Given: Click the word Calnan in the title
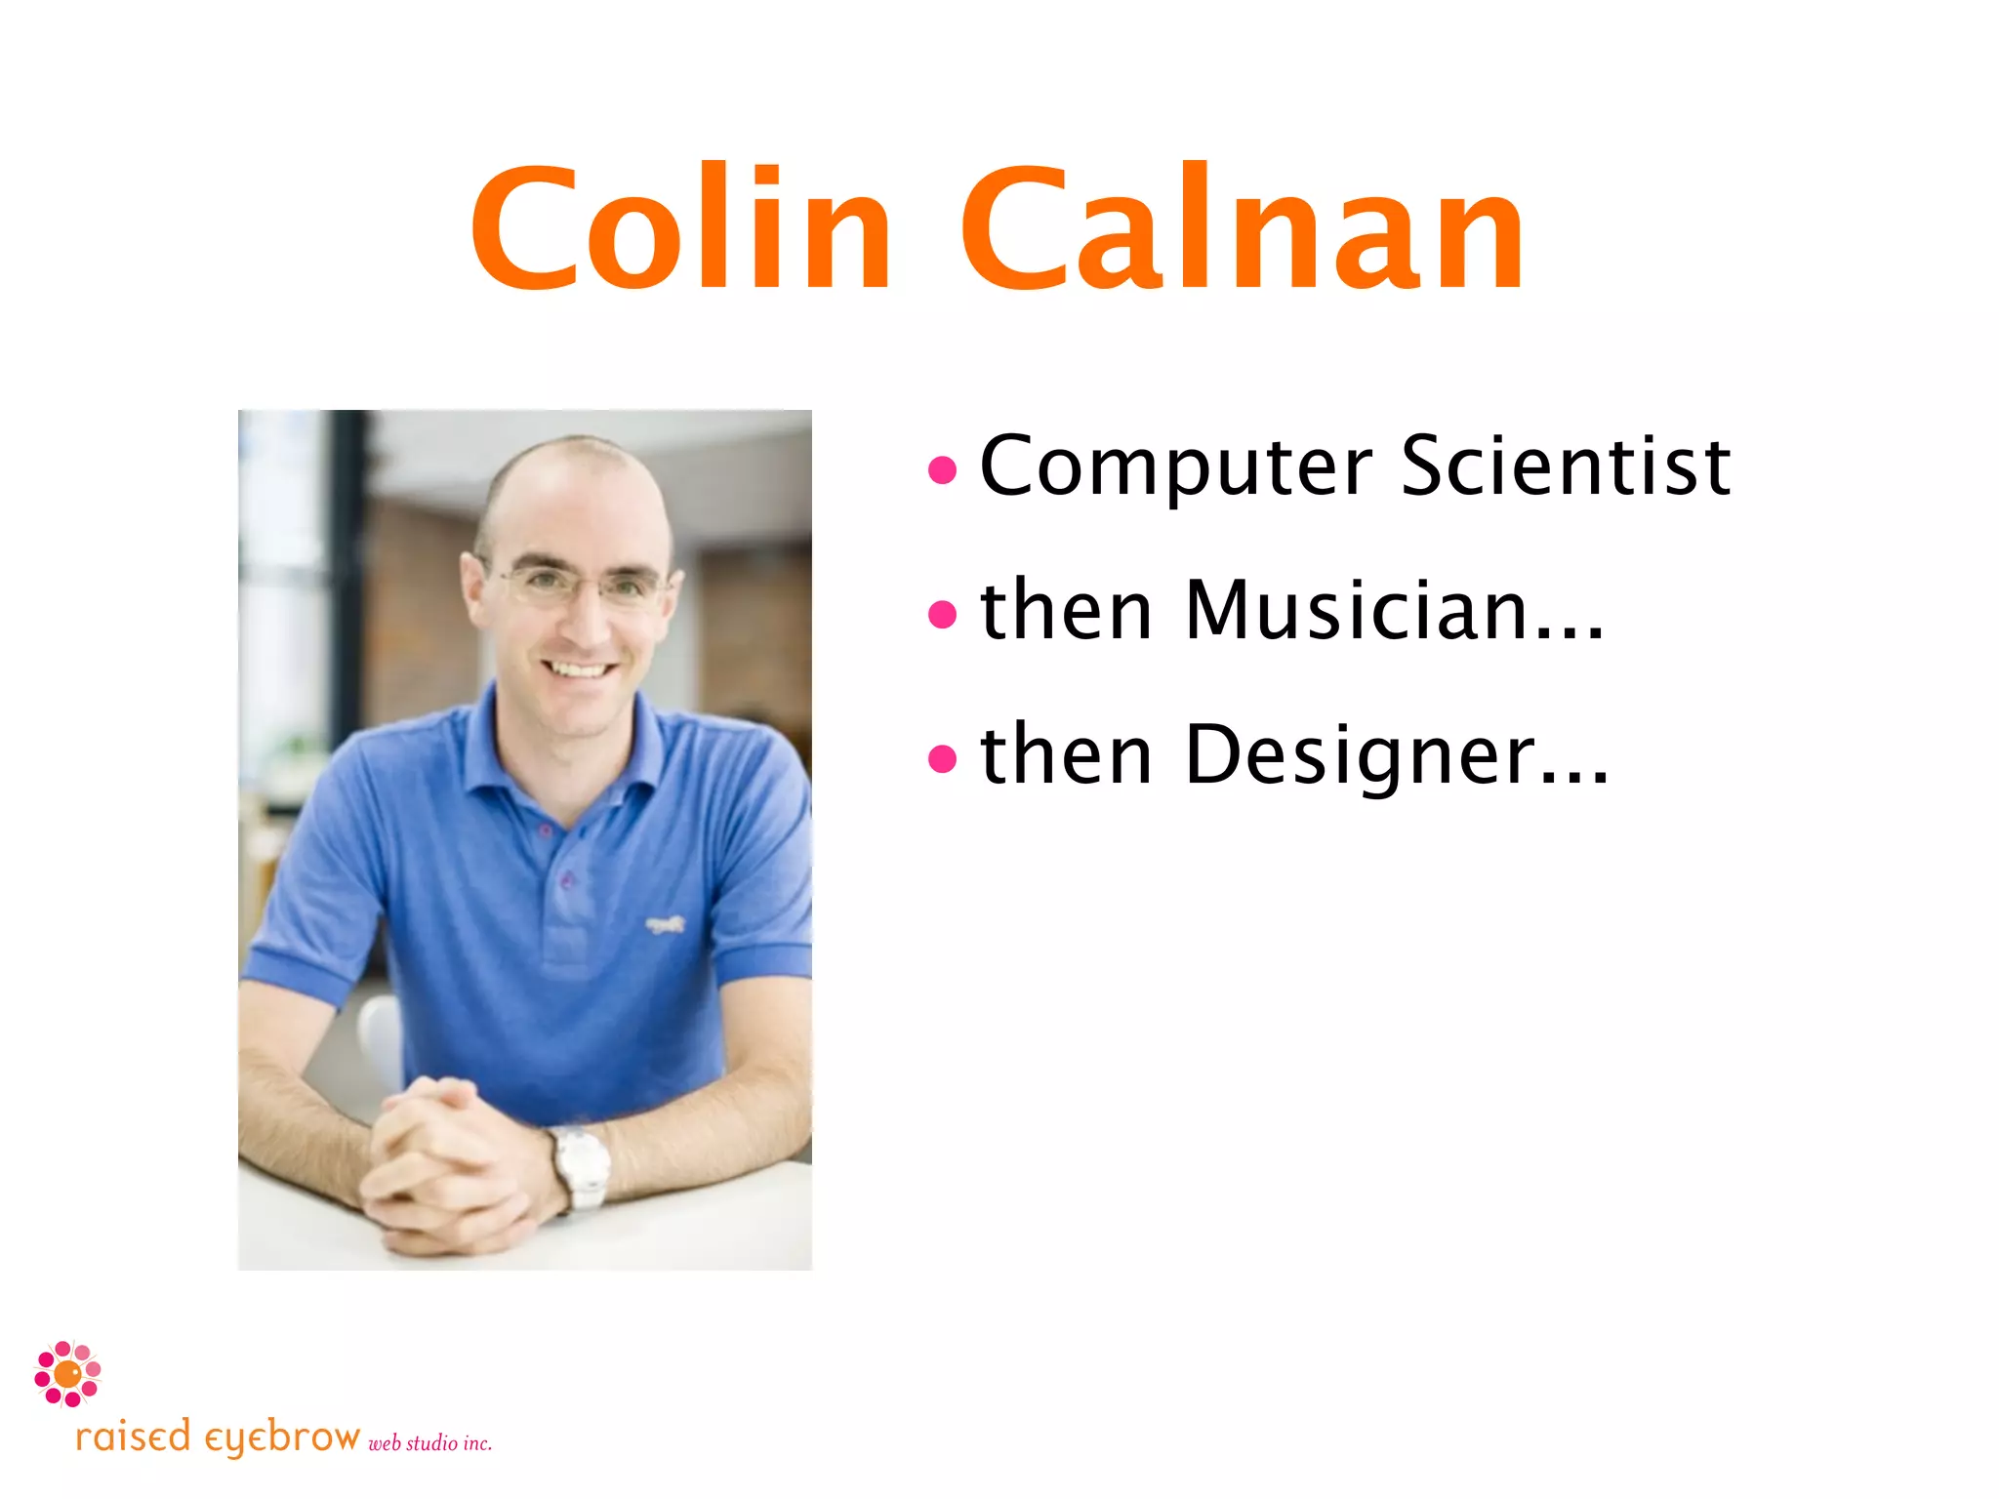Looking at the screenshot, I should (x=1243, y=229).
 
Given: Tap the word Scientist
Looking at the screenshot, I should (x=1566, y=466).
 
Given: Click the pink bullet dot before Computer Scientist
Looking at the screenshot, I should (x=942, y=470).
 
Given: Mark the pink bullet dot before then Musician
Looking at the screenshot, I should (x=942, y=614).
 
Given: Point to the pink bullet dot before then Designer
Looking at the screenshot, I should (x=942, y=757).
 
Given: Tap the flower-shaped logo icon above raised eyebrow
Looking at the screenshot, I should (x=67, y=1373).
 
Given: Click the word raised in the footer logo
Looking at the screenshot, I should (x=133, y=1438).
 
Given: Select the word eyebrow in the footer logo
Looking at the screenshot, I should (x=282, y=1438).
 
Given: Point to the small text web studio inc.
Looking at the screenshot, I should (x=429, y=1442).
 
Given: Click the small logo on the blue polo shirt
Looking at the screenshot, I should (x=666, y=923).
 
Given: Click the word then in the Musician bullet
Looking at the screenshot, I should (x=1066, y=610).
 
